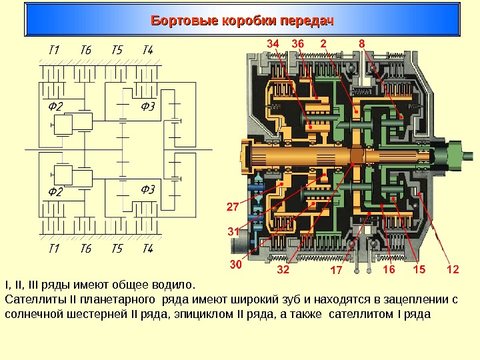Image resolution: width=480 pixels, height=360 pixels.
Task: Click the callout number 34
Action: [x=273, y=43]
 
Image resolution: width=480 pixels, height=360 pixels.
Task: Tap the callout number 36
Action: [x=298, y=43]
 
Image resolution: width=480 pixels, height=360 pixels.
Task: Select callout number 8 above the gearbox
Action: [x=362, y=43]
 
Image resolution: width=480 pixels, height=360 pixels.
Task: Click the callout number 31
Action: [x=233, y=231]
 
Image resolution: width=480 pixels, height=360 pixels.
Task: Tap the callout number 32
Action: [x=283, y=271]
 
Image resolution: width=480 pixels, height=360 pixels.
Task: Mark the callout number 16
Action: [x=389, y=269]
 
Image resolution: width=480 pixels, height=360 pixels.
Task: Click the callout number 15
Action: [x=419, y=269]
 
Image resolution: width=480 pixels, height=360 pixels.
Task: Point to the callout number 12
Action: [x=453, y=269]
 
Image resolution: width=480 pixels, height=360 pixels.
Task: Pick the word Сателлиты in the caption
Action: [x=31, y=299]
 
